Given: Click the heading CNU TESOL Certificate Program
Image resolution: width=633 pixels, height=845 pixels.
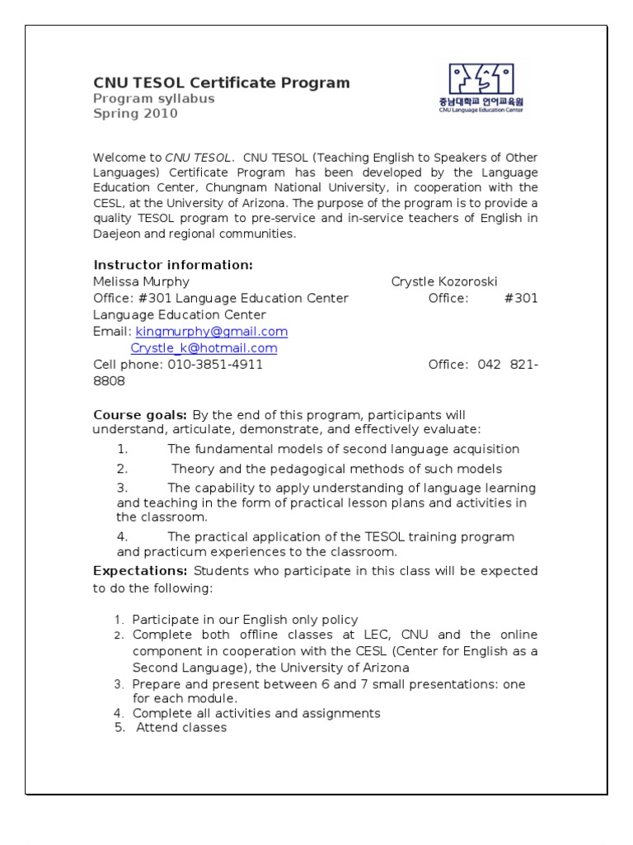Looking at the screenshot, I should (x=221, y=83).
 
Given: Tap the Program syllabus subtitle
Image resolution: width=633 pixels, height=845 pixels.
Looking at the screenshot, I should (x=153, y=98).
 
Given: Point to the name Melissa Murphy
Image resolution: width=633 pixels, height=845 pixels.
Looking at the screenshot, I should (x=141, y=281).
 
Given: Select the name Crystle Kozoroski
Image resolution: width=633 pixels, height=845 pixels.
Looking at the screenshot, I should (x=444, y=281).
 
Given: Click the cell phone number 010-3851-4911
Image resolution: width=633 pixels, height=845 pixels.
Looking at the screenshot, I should (x=215, y=365).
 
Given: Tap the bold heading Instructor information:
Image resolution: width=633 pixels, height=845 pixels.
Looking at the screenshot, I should (x=172, y=265).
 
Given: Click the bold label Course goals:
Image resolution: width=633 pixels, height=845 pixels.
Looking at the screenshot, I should (x=140, y=414).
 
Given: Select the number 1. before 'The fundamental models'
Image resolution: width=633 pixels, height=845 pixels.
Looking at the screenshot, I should (x=122, y=449).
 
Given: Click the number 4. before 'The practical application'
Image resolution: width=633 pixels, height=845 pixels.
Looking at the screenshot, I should (x=122, y=536).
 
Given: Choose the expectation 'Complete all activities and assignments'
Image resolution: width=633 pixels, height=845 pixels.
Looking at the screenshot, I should (x=256, y=713).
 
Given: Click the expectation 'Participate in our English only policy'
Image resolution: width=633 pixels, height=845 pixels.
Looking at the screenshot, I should (x=245, y=619).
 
